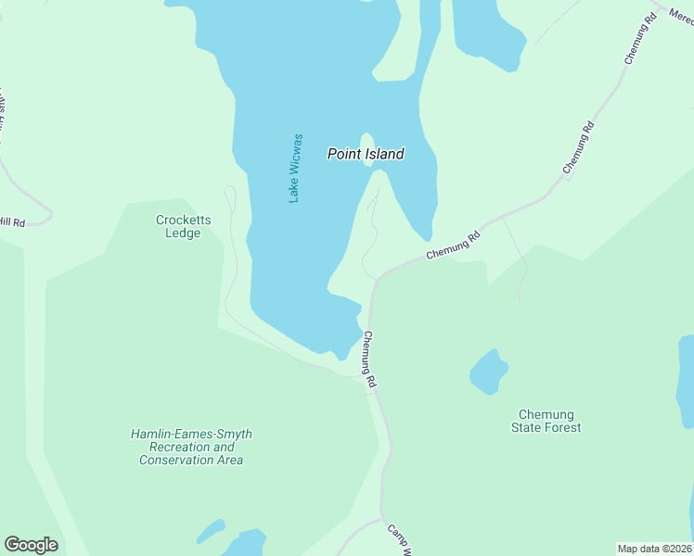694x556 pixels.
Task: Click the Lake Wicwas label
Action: point(295,168)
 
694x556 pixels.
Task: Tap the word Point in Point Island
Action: point(342,154)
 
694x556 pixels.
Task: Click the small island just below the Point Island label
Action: point(368,146)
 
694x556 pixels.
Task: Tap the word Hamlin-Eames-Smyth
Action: point(191,434)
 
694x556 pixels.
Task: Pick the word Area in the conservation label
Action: point(228,460)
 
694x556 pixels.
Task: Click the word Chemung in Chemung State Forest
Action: point(546,414)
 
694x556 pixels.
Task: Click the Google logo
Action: point(31,545)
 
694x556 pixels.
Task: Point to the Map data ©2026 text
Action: point(654,548)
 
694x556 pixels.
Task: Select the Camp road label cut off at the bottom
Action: point(398,539)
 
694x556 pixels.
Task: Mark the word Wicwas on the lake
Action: point(295,154)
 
